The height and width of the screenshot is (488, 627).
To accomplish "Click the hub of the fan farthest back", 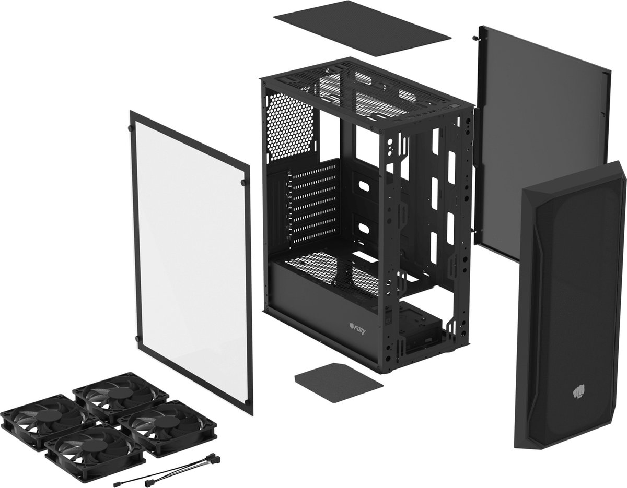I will tap(120, 394).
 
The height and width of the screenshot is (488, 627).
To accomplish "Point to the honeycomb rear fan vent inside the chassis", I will tap(290, 125).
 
